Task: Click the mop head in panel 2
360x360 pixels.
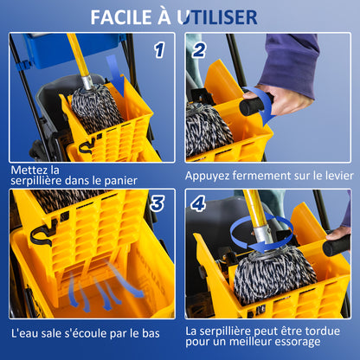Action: [x=208, y=130]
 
